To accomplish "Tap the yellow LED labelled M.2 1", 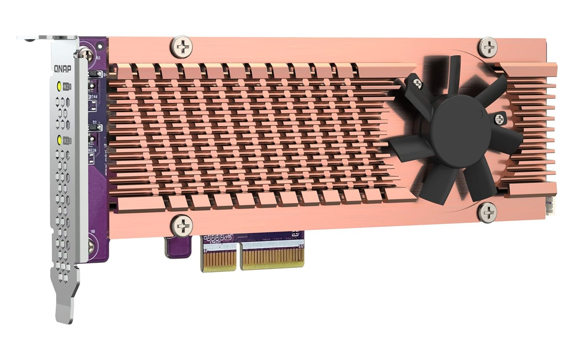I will click(60, 86).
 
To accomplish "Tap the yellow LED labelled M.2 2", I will click(60, 140).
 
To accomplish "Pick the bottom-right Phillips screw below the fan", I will click(487, 211).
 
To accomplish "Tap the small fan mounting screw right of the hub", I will click(499, 118).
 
